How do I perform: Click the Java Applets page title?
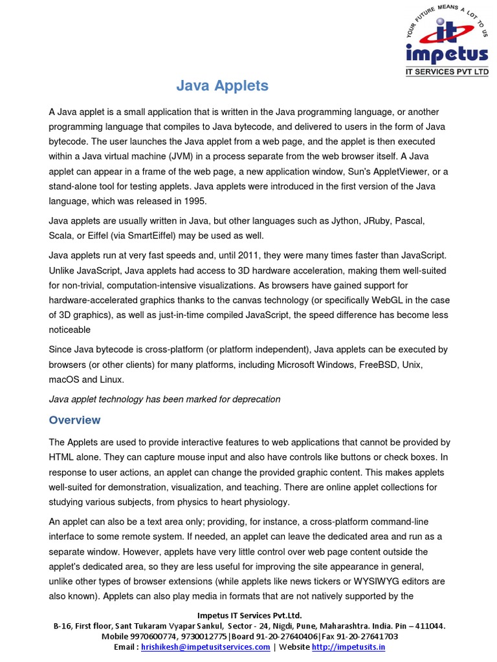[x=223, y=85]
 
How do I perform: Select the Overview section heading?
[x=74, y=420]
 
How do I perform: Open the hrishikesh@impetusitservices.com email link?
[x=206, y=647]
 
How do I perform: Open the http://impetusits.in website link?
[x=348, y=647]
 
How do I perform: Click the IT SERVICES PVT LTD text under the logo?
[x=447, y=72]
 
